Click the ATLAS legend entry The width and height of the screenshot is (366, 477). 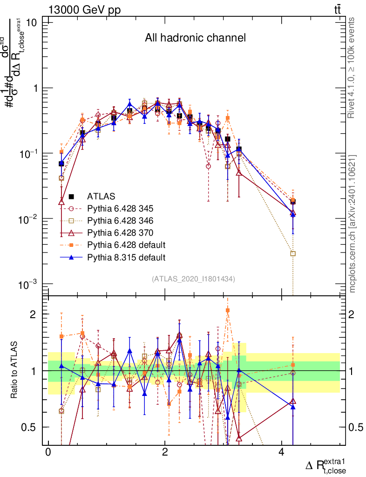pos(101,196)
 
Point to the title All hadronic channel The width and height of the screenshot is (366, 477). pos(195,38)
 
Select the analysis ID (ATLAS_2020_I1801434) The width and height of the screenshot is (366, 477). pos(193,279)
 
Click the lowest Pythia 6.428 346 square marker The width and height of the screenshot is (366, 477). pos(293,253)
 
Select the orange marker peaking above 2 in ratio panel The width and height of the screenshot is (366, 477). pos(228,310)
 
